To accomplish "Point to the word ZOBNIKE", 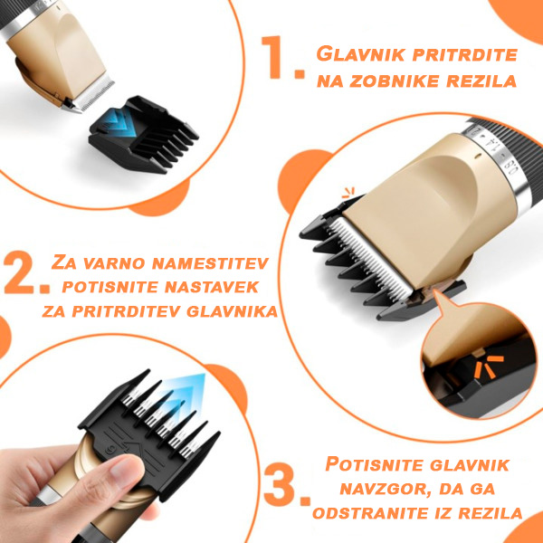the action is (395, 81).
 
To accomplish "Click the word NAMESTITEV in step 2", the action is (211, 262).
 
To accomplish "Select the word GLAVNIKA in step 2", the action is (232, 311).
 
